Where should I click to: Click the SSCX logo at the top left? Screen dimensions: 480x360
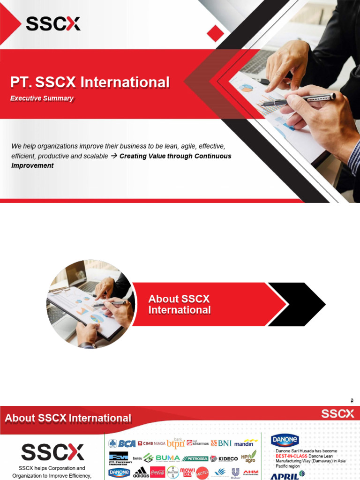[52, 23]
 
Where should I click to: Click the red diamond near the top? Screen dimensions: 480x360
[215, 33]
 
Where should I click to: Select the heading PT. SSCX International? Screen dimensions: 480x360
[90, 82]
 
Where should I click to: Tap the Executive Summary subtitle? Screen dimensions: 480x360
[42, 98]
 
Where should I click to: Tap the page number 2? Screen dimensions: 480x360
[352, 400]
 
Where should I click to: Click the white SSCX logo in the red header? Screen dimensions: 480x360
[337, 413]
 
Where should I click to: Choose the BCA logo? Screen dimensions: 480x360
[122, 443]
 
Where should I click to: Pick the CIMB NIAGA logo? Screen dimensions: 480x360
[151, 443]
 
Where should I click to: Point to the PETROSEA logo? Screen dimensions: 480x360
[194, 458]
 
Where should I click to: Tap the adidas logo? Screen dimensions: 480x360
[141, 472]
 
